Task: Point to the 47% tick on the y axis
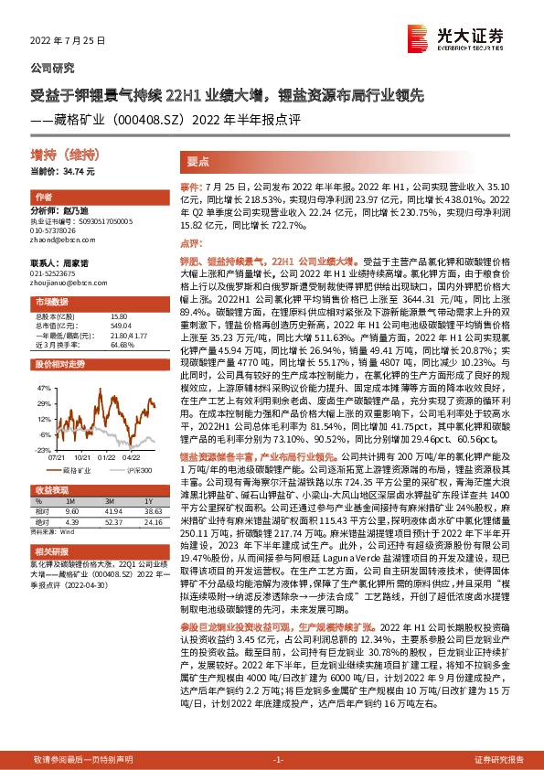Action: tap(43, 387)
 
